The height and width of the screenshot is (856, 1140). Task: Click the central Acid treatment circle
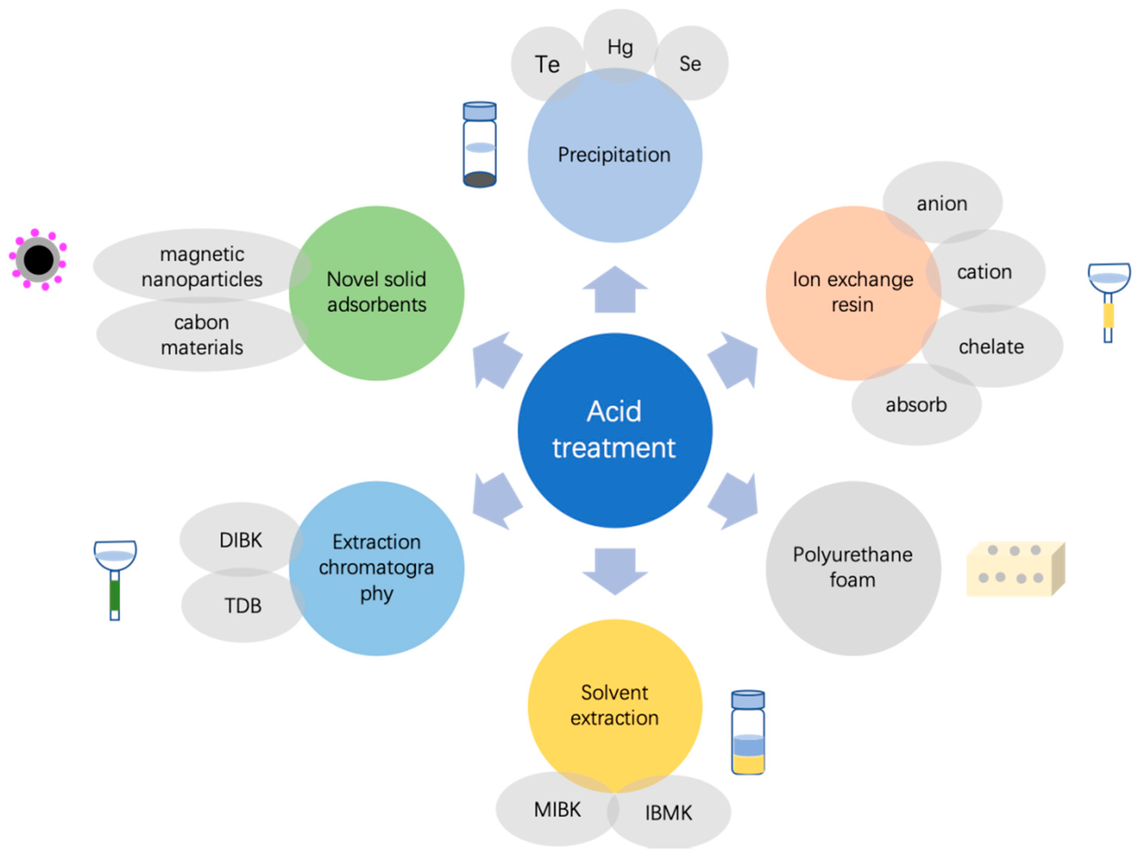(x=614, y=430)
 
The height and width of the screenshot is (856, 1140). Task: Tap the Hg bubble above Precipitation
(x=620, y=46)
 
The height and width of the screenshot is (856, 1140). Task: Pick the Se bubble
(x=691, y=63)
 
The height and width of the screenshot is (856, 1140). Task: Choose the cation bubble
(x=985, y=271)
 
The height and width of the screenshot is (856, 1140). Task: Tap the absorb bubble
(x=916, y=404)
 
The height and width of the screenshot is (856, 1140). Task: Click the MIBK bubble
(x=557, y=809)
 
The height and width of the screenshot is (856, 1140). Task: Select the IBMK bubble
(x=669, y=813)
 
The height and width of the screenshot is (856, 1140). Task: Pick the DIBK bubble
(x=241, y=540)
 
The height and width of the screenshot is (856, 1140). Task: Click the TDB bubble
(x=243, y=606)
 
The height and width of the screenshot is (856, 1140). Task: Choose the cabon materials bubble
(x=201, y=335)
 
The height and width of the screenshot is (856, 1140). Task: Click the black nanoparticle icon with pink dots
(x=38, y=260)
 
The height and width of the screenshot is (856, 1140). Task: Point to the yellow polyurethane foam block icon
(x=1015, y=569)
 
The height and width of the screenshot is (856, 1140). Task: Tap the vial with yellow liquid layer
(x=748, y=732)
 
